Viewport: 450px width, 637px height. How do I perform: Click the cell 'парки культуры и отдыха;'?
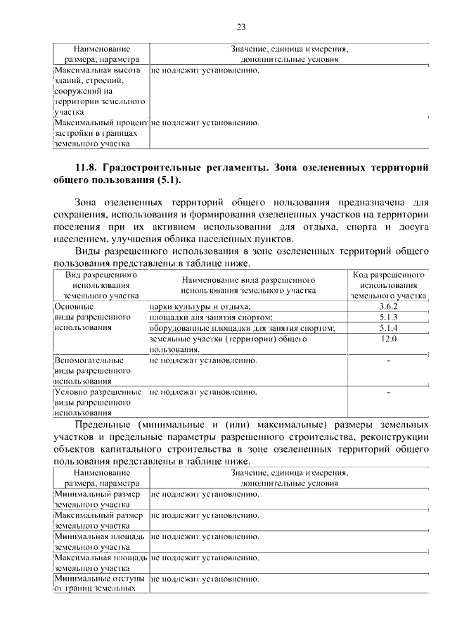tap(200, 307)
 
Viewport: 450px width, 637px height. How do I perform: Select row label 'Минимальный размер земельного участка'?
tap(99, 499)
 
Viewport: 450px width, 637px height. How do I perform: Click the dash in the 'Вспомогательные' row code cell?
tap(388, 361)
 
